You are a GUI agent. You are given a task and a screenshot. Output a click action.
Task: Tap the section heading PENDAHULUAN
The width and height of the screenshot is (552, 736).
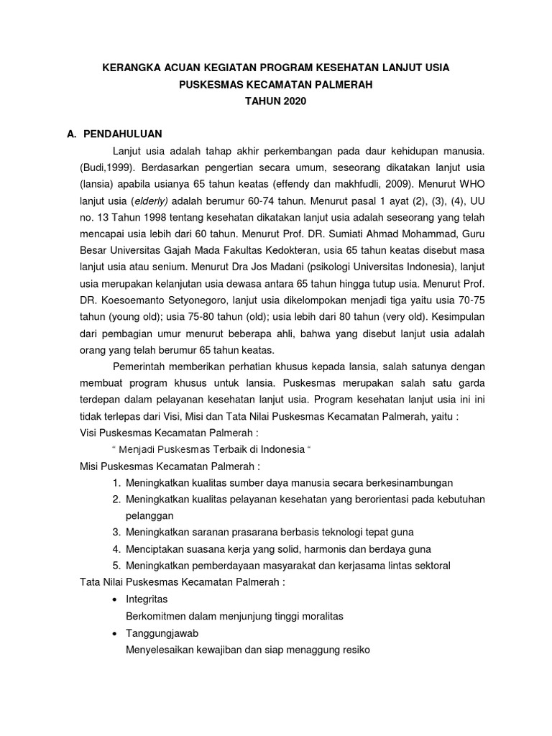coord(123,134)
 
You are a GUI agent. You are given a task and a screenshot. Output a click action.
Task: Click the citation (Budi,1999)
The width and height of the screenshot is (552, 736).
coord(109,169)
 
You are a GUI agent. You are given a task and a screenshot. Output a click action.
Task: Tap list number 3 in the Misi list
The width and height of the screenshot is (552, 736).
coord(116,531)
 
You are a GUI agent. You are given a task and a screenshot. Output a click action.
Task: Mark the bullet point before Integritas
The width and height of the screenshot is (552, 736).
coord(116,599)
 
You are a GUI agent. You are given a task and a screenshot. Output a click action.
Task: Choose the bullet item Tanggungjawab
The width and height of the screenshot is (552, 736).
coord(162,633)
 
